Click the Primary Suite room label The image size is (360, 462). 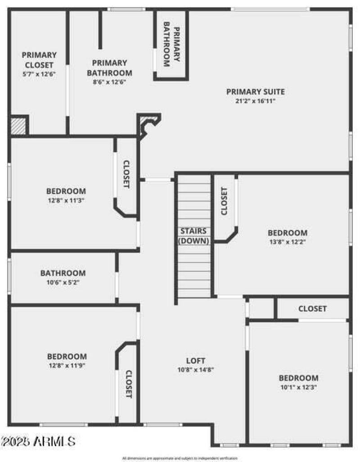[255, 92]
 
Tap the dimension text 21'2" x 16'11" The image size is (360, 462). [255, 101]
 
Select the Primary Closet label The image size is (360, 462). [39, 60]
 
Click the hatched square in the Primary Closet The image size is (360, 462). [19, 125]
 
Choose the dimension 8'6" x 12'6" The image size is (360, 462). [109, 82]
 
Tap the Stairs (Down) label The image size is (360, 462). [193, 236]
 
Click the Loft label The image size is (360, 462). [196, 361]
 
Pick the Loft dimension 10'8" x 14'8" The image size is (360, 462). [196, 370]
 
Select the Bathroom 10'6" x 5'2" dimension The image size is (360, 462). [63, 282]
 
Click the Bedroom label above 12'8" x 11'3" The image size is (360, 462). [66, 191]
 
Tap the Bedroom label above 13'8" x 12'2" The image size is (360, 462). [288, 233]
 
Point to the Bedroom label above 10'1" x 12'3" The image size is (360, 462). [298, 378]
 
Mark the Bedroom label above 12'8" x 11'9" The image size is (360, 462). [67, 356]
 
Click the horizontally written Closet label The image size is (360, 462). [312, 309]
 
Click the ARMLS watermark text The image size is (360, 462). [38, 440]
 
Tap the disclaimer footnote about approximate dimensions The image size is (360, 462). [180, 458]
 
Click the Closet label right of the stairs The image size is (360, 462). [224, 200]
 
